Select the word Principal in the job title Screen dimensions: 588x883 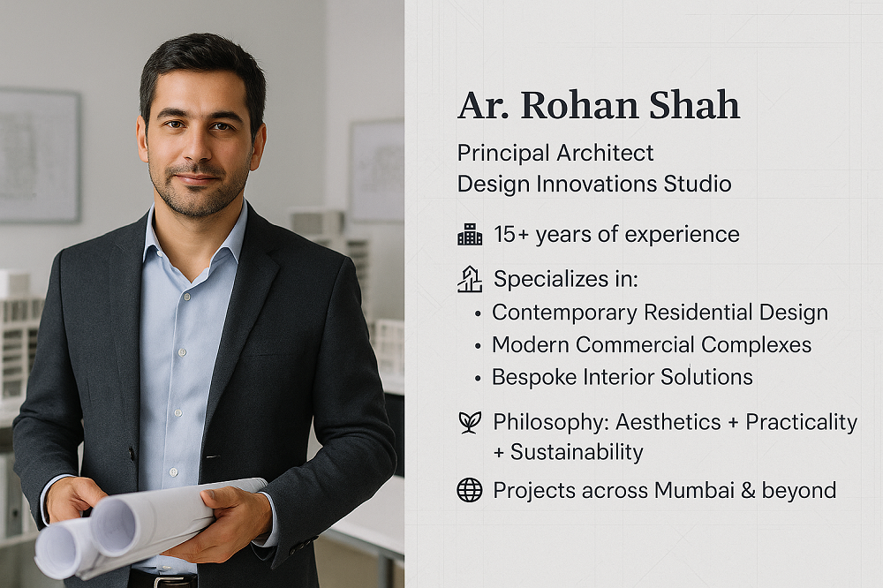coord(502,153)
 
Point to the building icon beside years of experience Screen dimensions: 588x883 coord(470,234)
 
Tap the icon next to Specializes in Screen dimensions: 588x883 coord(470,280)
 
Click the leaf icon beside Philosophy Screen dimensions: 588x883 coord(470,422)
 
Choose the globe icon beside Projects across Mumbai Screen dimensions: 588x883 coord(470,490)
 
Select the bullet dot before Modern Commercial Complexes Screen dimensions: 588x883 coord(478,345)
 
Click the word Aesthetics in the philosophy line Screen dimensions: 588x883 coord(667,422)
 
